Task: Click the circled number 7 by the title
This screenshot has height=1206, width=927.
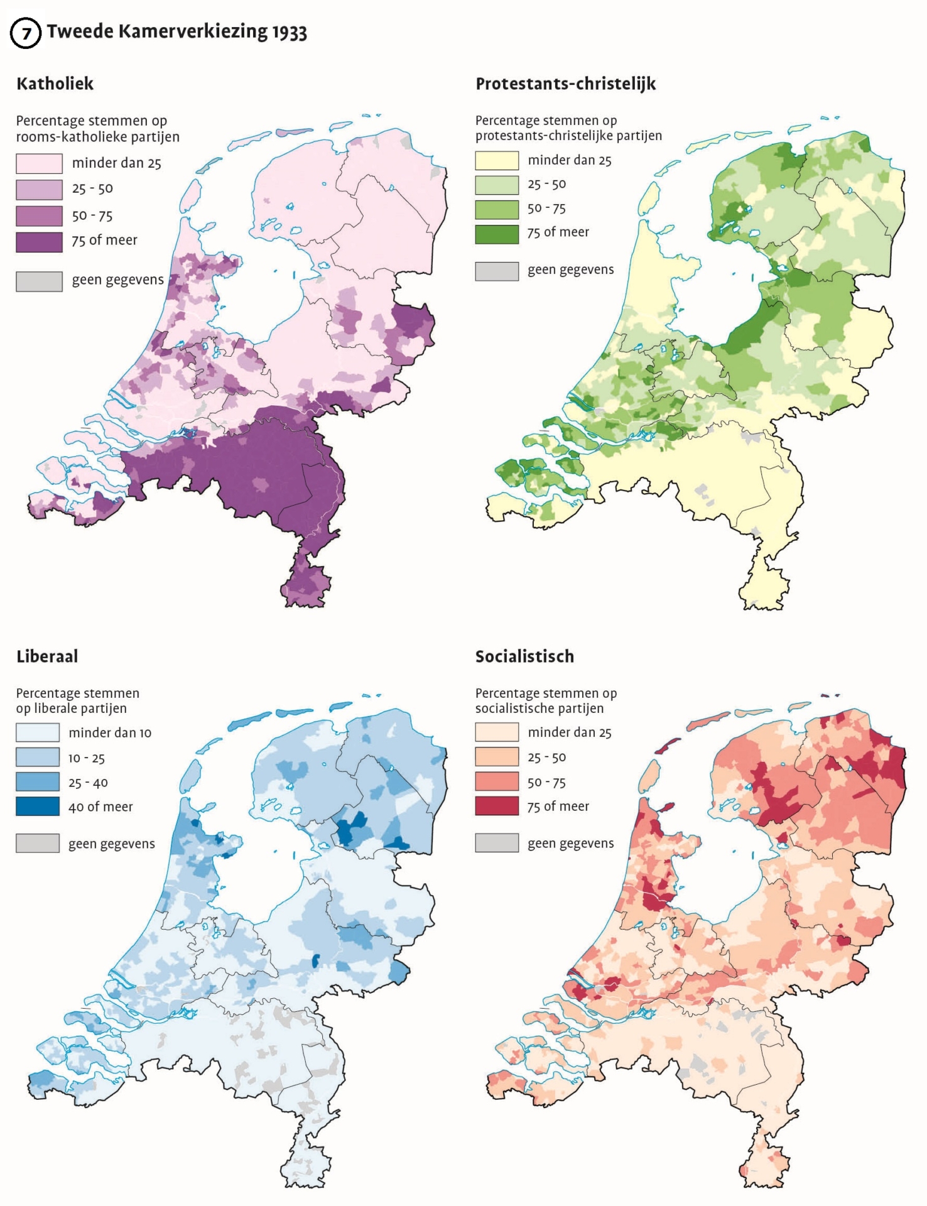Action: [26, 33]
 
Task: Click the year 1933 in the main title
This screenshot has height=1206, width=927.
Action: [289, 32]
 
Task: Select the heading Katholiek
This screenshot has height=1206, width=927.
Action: [55, 84]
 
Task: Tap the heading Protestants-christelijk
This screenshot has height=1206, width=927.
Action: [565, 84]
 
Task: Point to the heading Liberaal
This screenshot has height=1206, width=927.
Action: [47, 656]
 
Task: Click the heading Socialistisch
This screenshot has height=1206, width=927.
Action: [524, 656]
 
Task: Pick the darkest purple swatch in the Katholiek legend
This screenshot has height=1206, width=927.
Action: [39, 242]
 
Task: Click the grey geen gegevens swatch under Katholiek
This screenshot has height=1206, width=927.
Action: [39, 281]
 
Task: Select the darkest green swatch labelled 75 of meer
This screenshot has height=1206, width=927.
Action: [497, 234]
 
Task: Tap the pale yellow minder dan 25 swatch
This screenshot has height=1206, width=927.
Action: [497, 161]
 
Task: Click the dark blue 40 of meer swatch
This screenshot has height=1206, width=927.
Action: [38, 806]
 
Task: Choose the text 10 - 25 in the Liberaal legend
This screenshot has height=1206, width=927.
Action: [87, 758]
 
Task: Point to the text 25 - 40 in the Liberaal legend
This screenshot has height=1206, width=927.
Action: [88, 783]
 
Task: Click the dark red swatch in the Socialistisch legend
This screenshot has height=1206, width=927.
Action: [497, 806]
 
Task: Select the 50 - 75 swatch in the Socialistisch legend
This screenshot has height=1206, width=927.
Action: [497, 782]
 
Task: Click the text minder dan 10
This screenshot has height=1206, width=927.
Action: [110, 733]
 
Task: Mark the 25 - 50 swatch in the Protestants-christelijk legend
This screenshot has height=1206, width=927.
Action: [497, 185]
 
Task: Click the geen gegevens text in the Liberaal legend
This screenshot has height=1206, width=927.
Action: [112, 844]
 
